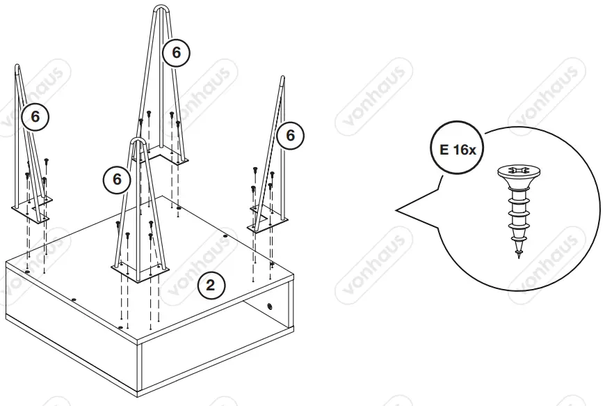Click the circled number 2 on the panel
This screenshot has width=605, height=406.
click(x=211, y=284)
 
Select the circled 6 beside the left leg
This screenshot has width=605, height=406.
click(x=35, y=117)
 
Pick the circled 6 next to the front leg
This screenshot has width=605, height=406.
click(x=117, y=180)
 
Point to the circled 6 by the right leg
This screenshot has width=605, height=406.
click(x=291, y=135)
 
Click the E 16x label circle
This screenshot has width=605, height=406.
click(x=456, y=149)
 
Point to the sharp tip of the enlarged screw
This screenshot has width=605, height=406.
click(x=519, y=259)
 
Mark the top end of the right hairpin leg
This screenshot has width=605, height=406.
click(x=282, y=79)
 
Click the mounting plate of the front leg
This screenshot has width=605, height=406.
click(x=140, y=270)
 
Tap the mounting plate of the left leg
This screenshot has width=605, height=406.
click(x=31, y=211)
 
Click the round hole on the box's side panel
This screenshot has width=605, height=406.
click(x=269, y=307)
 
